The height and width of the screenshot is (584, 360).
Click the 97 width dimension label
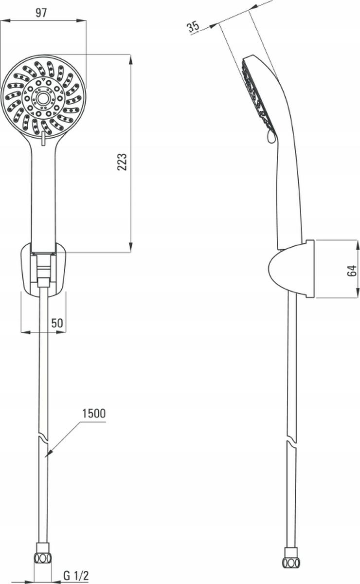[x=41, y=13]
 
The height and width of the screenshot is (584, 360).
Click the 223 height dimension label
[x=122, y=162]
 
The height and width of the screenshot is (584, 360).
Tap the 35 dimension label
[x=194, y=26]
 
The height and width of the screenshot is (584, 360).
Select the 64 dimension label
[x=352, y=271]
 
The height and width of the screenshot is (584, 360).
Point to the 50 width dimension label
[x=57, y=323]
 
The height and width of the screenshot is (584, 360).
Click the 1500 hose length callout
[x=94, y=414]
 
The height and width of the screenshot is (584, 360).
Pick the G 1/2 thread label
[x=76, y=575]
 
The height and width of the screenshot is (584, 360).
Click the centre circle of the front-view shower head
[x=42, y=98]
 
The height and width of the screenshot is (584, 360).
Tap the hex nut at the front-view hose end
[x=43, y=559]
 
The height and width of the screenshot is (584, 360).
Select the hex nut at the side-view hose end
[x=291, y=562]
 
